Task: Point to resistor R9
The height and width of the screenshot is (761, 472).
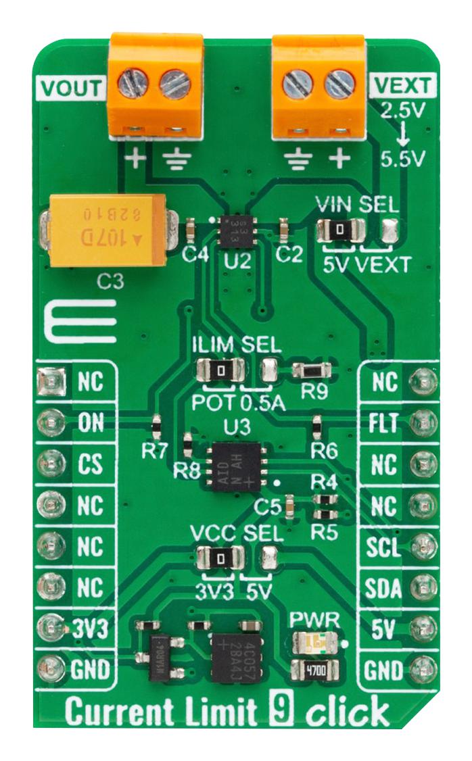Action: [312, 370]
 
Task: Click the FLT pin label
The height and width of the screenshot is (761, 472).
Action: [387, 423]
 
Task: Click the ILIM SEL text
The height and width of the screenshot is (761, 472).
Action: [236, 345]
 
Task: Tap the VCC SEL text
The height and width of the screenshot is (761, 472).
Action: [235, 533]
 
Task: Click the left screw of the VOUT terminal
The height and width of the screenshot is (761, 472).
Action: [129, 84]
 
